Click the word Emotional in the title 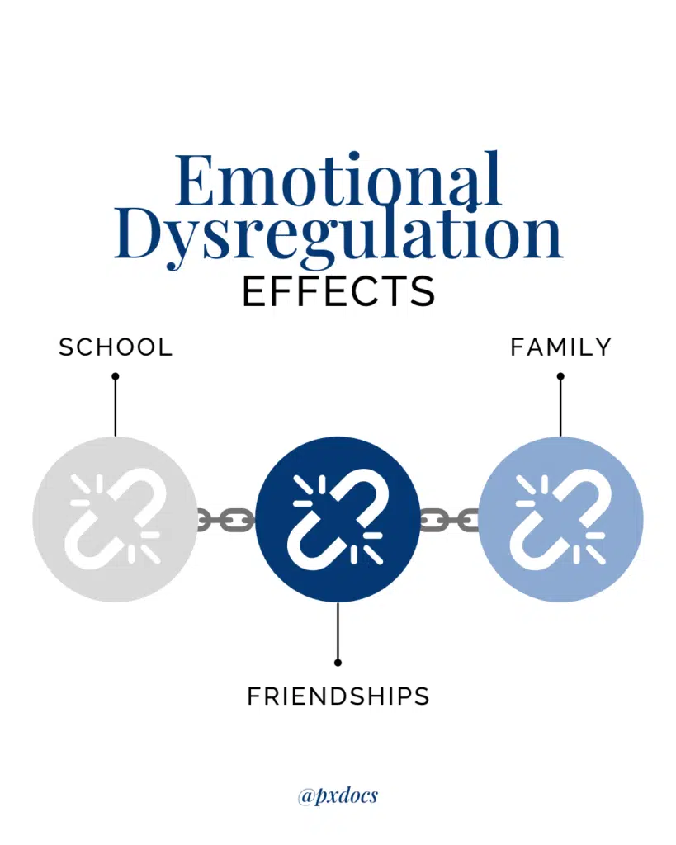pyautogui.click(x=338, y=181)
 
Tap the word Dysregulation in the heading pyautogui.click(x=338, y=237)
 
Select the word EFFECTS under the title pyautogui.click(x=338, y=291)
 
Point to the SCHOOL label pyautogui.click(x=116, y=347)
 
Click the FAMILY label pyautogui.click(x=560, y=347)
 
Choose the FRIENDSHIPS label pyautogui.click(x=338, y=696)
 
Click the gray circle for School pyautogui.click(x=116, y=520)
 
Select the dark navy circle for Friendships pyautogui.click(x=338, y=520)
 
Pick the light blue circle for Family pyautogui.click(x=560, y=520)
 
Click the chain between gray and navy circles pyautogui.click(x=226, y=520)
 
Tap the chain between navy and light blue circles pyautogui.click(x=449, y=520)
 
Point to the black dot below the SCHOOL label pyautogui.click(x=116, y=376)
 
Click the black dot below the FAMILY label pyautogui.click(x=560, y=376)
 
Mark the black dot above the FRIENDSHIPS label pyautogui.click(x=338, y=663)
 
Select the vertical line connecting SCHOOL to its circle pyautogui.click(x=116, y=406)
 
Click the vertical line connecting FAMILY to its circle pyautogui.click(x=560, y=406)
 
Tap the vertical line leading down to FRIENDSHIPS pyautogui.click(x=338, y=632)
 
